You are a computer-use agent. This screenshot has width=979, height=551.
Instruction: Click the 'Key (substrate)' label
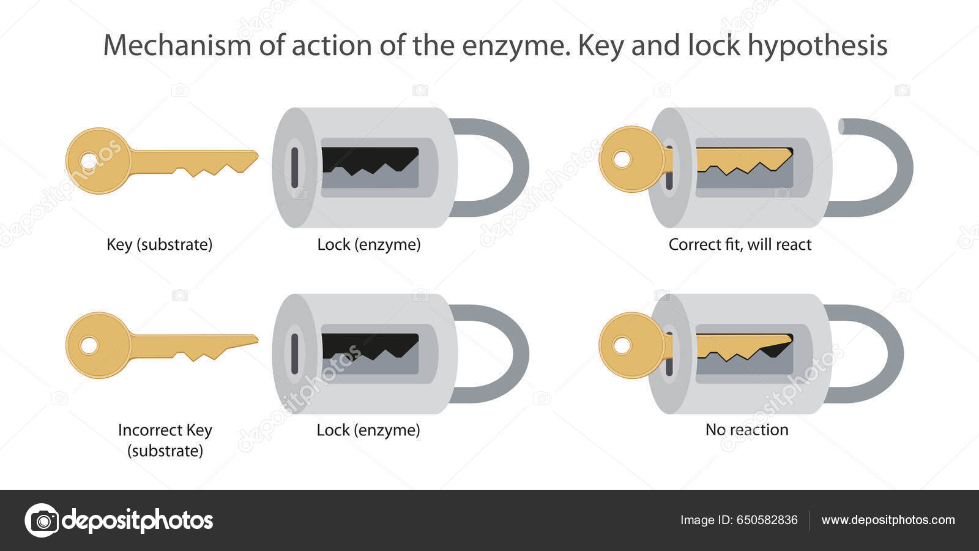coord(159,244)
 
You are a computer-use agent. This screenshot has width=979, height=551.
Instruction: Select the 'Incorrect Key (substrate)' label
coord(165,440)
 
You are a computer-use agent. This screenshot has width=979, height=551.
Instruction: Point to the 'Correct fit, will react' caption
coord(740,244)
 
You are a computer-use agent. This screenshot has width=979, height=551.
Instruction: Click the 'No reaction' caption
coord(746,430)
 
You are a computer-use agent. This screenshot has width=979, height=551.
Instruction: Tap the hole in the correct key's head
coord(89,161)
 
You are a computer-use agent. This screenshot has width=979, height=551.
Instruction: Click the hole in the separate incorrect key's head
coord(89,346)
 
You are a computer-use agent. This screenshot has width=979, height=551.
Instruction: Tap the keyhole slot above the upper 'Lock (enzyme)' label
coord(295,167)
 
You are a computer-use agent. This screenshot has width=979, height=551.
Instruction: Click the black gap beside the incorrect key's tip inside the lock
coord(777,349)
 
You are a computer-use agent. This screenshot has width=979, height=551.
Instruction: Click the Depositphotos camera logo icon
coord(42,520)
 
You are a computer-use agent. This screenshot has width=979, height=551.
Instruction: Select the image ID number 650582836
coord(767,520)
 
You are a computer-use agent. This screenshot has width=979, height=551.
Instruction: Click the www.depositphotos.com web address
coord(888,520)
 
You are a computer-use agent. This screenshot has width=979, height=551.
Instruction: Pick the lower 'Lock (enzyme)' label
coord(368,430)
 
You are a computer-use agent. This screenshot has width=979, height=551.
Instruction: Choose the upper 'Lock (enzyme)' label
coord(368,244)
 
